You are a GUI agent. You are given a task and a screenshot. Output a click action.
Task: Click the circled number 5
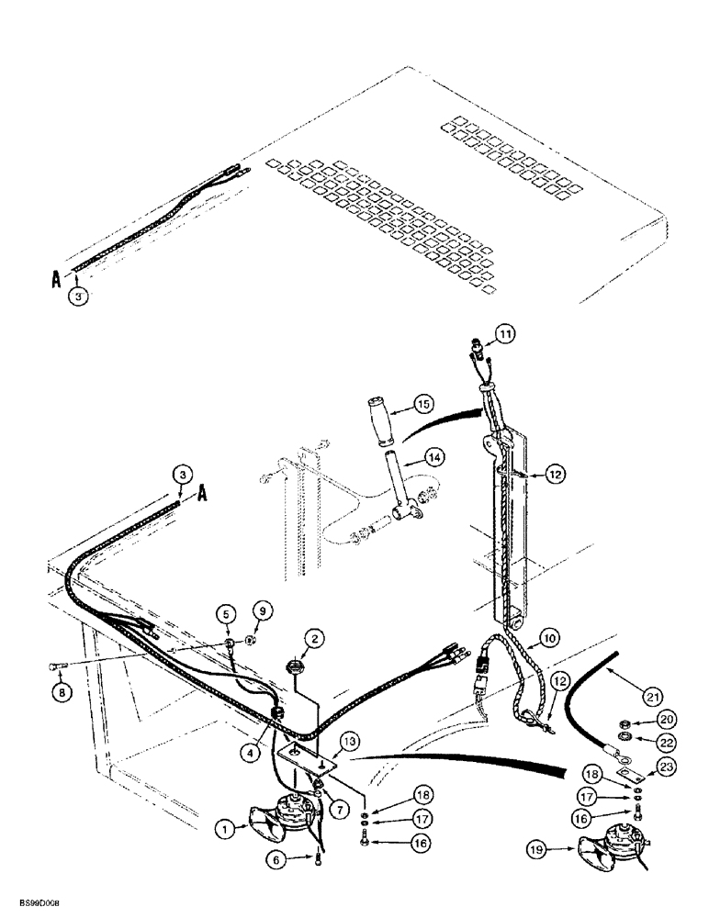pos(223,611)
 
